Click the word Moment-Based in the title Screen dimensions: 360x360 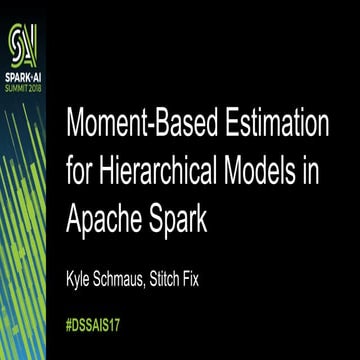point(152,127)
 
